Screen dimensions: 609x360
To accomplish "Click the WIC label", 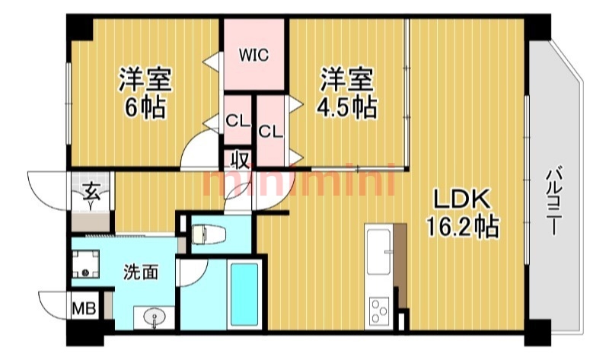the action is (253, 56).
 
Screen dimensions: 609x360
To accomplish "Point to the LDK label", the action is (462, 199).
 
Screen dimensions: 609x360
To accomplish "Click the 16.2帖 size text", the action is (462, 226).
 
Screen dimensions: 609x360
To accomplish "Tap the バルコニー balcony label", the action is (553, 200).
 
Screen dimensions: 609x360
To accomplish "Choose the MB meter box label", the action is (84, 309).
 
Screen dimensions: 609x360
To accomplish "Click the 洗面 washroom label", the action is (141, 272).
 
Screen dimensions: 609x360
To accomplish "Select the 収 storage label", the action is (240, 160).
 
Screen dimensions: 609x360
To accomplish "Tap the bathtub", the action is (244, 295).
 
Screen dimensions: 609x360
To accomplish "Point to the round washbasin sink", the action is (155, 318).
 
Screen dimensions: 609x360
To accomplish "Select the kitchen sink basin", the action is (378, 252).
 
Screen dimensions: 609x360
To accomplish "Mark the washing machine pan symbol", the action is (86, 263).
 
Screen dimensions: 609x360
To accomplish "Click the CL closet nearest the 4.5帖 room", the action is (271, 132).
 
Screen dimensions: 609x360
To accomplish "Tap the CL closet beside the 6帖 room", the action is (238, 122).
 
